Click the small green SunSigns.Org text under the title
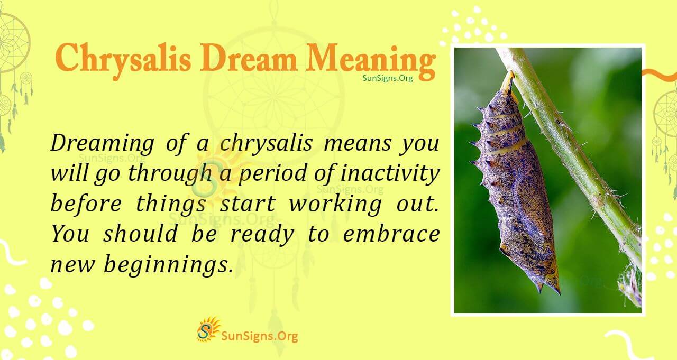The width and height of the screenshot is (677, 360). click(x=387, y=78)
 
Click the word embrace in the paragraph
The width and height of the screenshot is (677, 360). click(x=391, y=234)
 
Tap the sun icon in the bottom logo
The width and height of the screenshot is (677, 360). click(x=208, y=329)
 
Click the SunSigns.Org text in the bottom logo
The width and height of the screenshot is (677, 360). click(x=259, y=336)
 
